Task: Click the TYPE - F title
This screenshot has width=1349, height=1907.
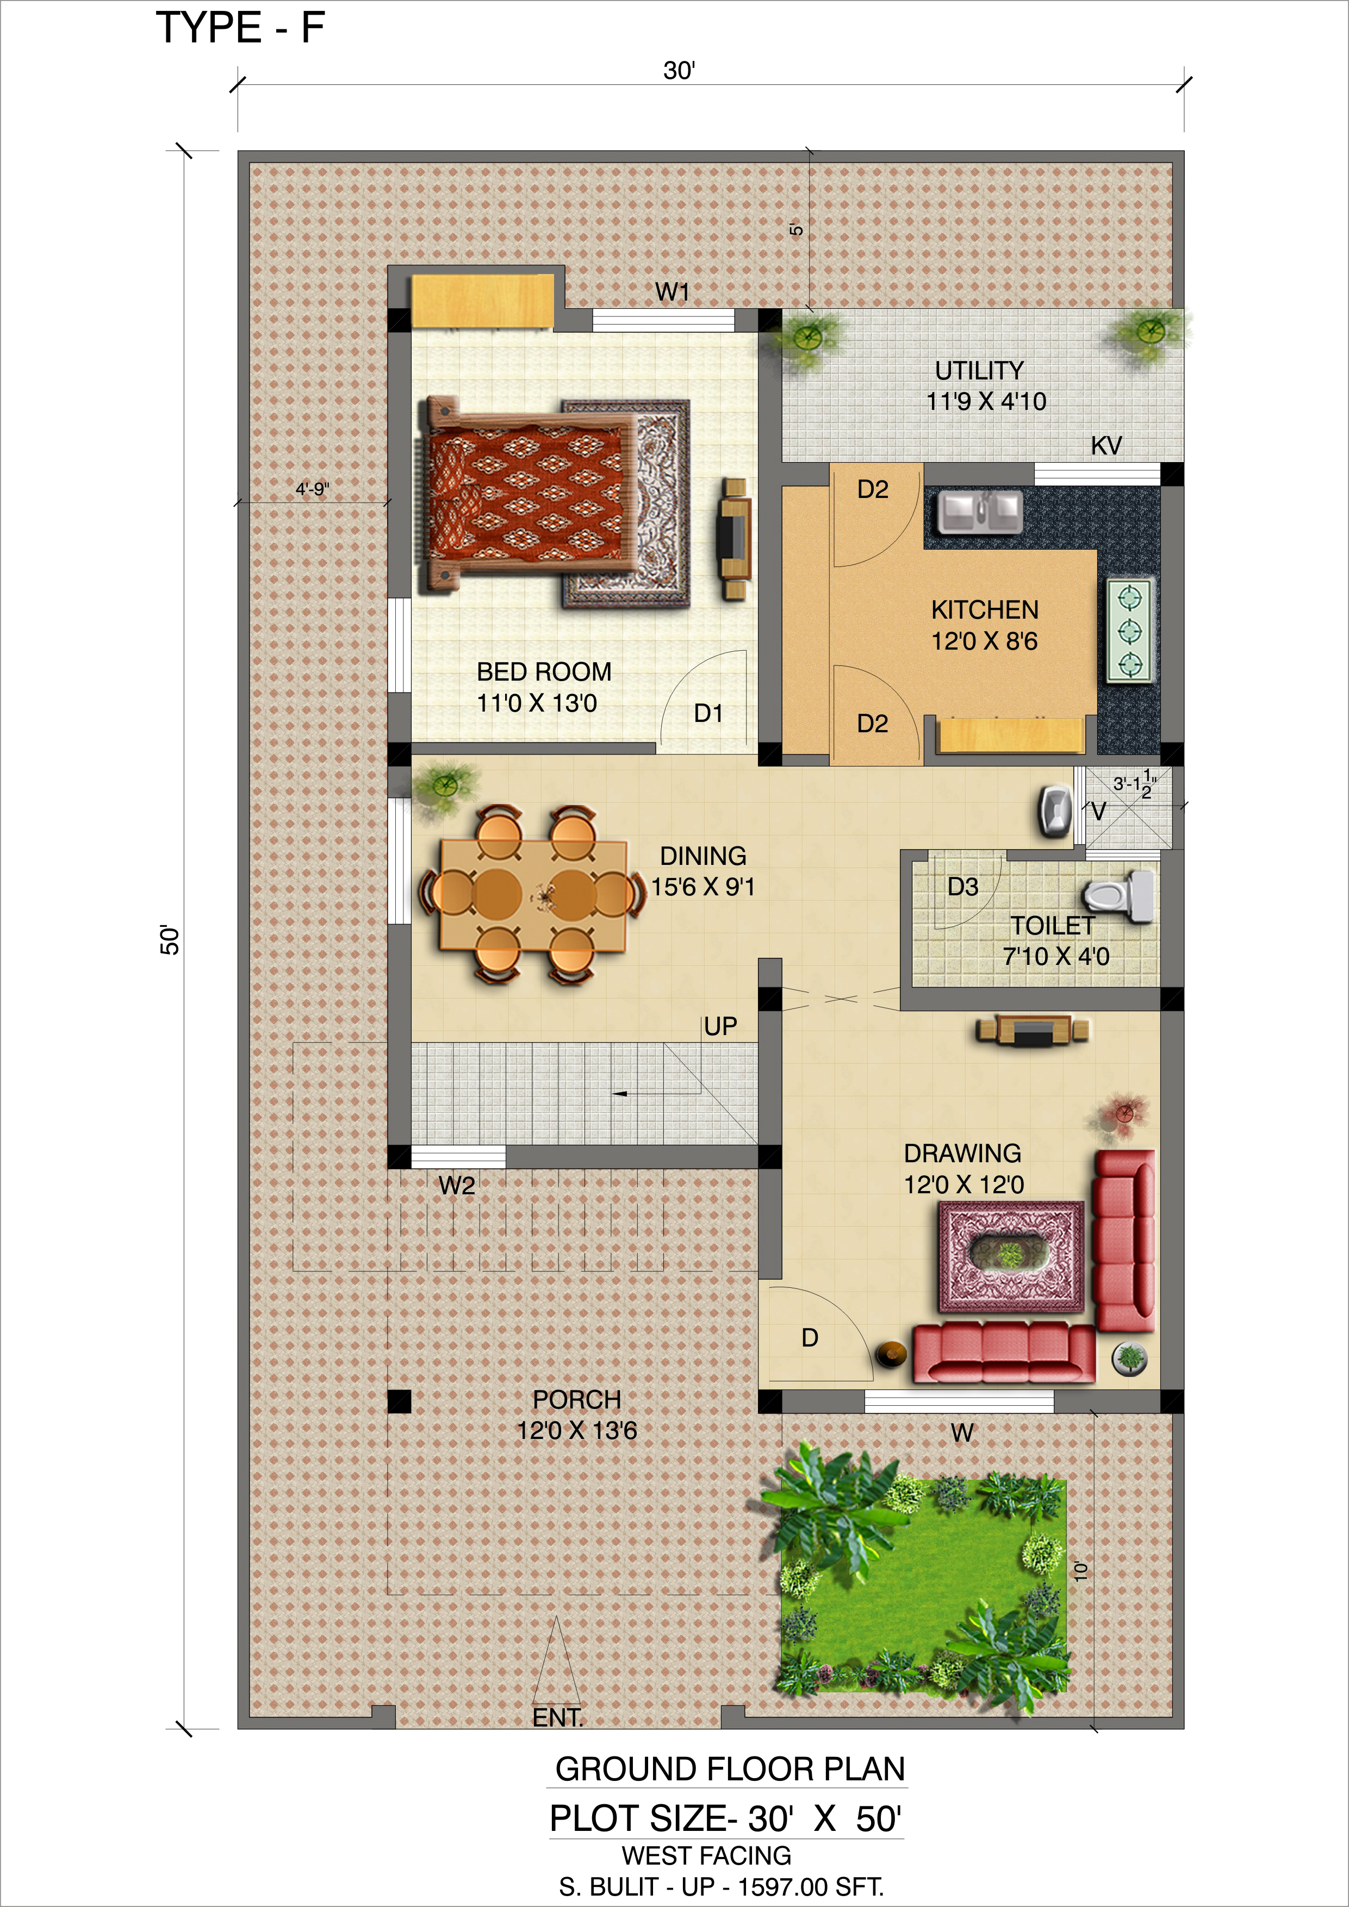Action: [x=240, y=28]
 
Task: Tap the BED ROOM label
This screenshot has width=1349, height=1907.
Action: [x=544, y=671]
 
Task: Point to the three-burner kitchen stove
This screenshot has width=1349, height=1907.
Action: [x=1130, y=631]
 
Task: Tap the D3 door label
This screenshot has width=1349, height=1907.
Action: [x=963, y=887]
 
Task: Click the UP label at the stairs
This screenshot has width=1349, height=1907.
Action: [x=720, y=1026]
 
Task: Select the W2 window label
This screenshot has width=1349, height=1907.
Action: [x=457, y=1185]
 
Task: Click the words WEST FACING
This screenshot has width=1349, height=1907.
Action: [x=706, y=1855]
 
